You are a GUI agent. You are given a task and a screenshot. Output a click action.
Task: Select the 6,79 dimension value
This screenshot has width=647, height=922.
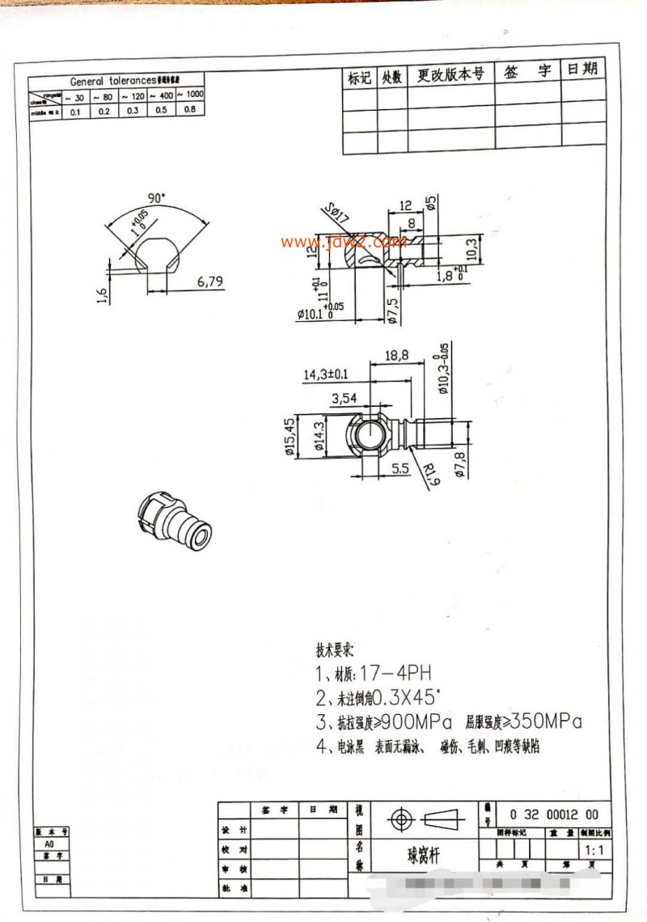(209, 281)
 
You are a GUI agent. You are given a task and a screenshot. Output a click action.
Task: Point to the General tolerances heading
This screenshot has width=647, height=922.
(116, 81)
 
